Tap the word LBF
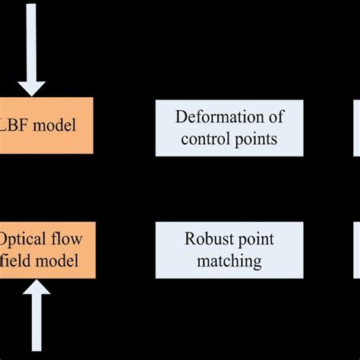(x=21, y=125)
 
